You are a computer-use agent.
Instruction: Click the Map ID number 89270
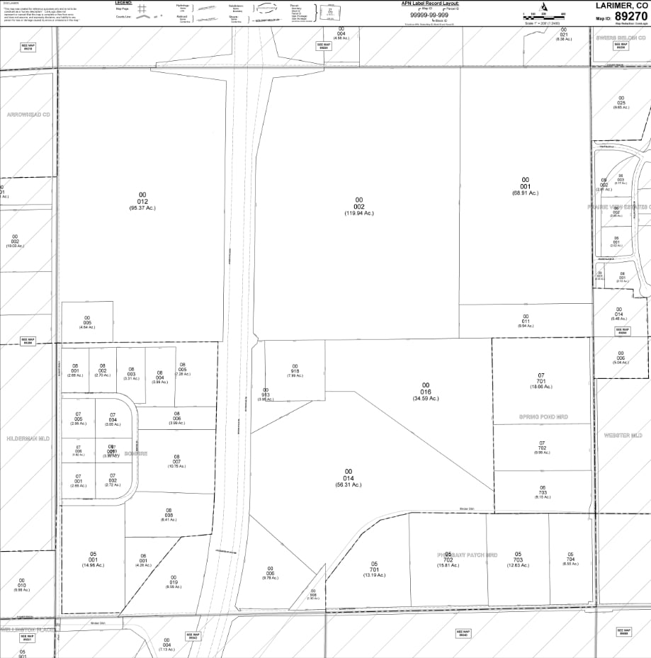coord(631,16)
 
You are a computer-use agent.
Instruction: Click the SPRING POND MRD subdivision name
coord(543,417)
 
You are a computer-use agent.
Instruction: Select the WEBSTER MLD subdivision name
coord(622,435)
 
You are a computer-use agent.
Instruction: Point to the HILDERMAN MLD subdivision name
coord(28,438)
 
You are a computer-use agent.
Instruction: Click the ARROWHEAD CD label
coord(28,114)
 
